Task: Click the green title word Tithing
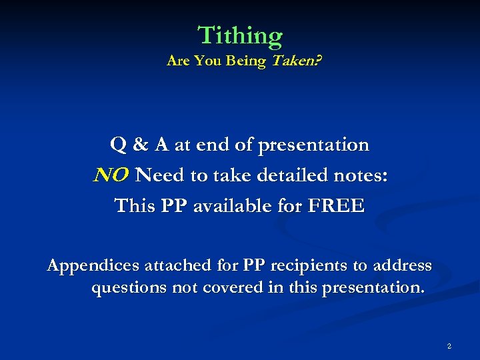240,35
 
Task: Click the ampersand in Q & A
141,145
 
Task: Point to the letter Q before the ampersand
119,145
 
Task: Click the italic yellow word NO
111,175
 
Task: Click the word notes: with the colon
360,175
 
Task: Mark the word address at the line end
401,266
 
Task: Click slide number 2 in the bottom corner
449,346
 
